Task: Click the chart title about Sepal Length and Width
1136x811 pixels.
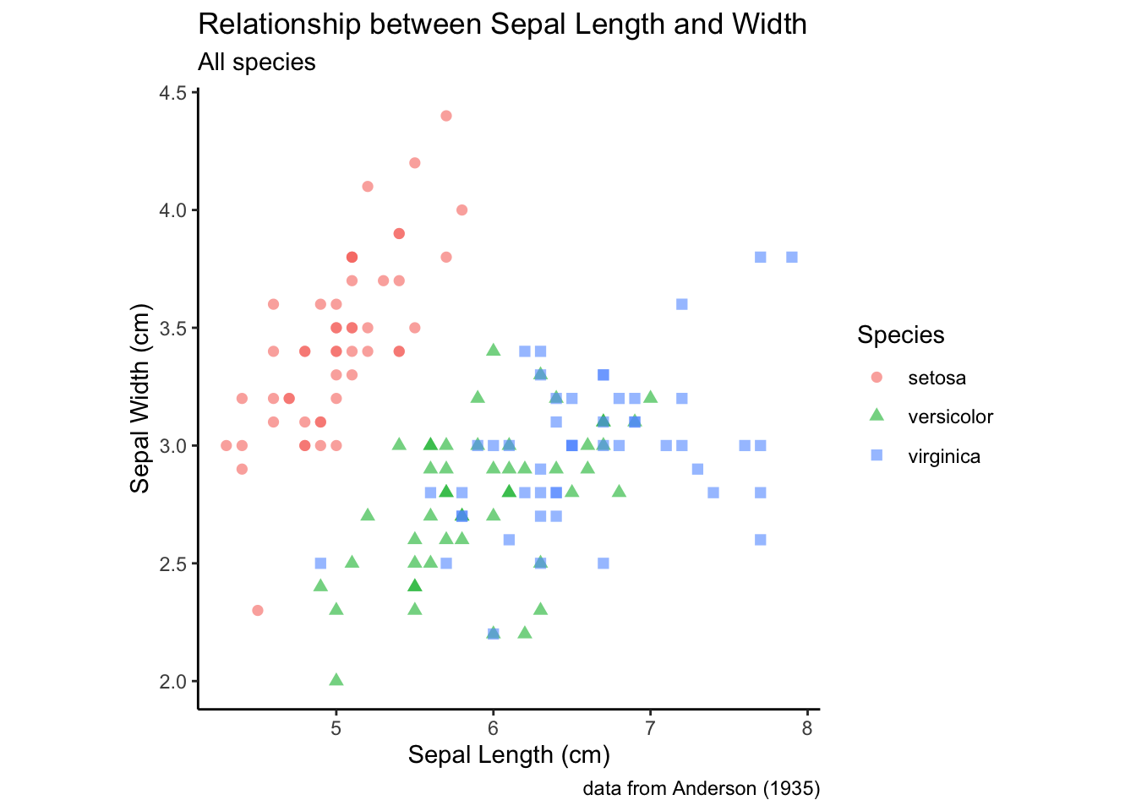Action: point(502,24)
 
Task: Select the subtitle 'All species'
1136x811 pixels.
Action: point(256,63)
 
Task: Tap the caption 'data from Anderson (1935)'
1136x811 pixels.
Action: point(701,789)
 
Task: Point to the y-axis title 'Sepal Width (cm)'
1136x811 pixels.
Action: point(139,399)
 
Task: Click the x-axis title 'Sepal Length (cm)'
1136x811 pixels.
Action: point(509,754)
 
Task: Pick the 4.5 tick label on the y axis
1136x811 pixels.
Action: point(172,92)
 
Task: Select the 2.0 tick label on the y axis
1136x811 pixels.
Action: point(172,681)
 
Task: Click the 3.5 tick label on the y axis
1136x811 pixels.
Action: point(172,328)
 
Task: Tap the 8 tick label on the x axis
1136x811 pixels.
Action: point(807,729)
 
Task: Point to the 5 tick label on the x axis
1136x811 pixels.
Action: point(336,729)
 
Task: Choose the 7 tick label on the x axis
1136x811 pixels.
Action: point(650,729)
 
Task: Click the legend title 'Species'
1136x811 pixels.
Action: point(900,335)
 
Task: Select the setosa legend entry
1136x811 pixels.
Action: point(937,378)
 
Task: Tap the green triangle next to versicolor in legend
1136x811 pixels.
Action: point(877,416)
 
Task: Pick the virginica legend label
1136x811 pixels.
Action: point(944,457)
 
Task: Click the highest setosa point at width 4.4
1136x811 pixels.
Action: point(446,116)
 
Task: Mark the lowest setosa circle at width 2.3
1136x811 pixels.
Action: point(258,610)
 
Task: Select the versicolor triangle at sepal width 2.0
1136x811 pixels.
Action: point(336,679)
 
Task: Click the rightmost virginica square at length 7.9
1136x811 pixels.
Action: point(792,257)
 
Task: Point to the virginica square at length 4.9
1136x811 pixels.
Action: point(320,563)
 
